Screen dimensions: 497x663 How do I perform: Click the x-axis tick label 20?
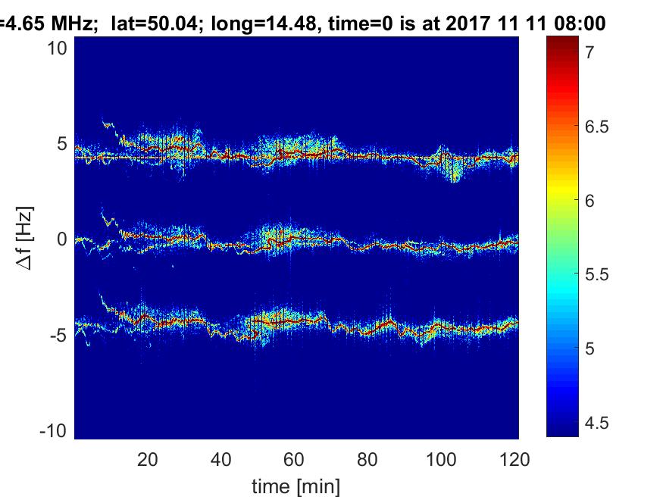coord(148,459)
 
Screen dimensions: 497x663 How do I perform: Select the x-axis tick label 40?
coord(220,459)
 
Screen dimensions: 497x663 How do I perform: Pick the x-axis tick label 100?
coord(440,459)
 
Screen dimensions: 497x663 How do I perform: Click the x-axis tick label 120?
coord(514,459)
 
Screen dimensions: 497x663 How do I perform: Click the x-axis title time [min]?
coord(296,485)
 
